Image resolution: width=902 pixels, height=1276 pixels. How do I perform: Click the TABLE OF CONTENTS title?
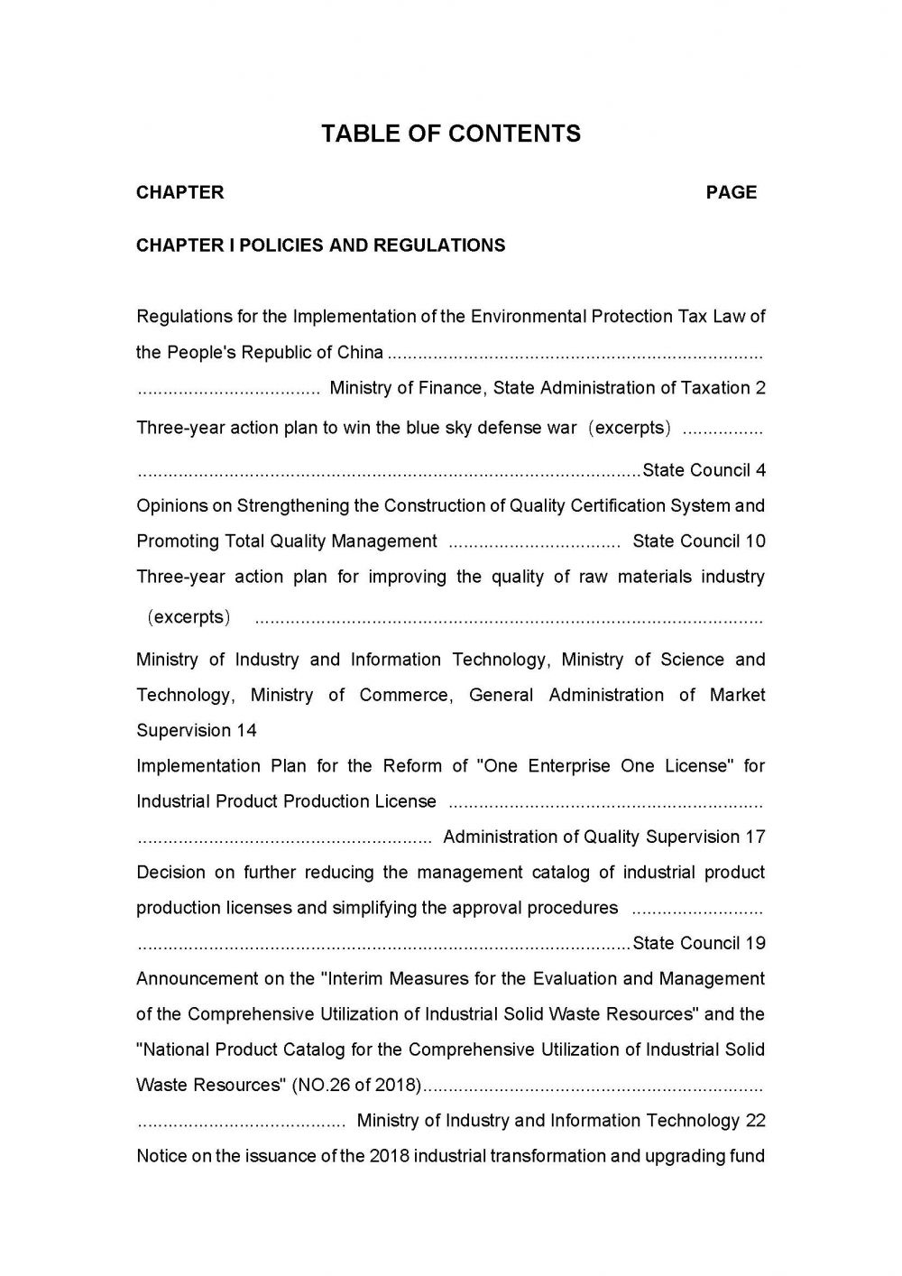pos(451,134)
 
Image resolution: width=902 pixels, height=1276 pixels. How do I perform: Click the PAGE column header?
pos(732,192)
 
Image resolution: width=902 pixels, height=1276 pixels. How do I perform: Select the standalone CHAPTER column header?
pos(180,192)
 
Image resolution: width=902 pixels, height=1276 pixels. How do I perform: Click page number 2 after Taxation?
pos(761,388)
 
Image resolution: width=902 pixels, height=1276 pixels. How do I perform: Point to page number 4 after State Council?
pos(761,470)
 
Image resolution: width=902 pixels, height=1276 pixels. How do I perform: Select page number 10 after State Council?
pos(756,541)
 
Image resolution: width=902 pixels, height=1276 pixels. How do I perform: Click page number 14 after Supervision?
pos(246,730)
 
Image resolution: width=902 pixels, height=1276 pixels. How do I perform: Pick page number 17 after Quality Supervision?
pos(756,837)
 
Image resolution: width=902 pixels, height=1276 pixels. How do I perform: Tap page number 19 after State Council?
pos(756,943)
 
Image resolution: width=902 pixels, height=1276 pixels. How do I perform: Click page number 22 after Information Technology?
pos(756,1121)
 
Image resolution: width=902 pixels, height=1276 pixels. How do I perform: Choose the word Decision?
pos(170,873)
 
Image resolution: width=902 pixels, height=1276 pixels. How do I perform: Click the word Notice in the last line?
pos(160,1156)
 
